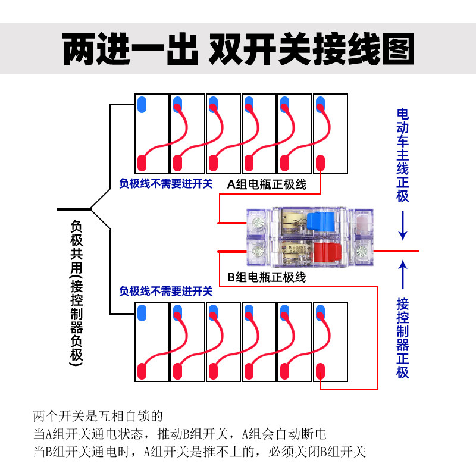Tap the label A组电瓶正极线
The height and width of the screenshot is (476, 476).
[x=267, y=184]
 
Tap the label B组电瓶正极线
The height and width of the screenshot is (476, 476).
[x=267, y=277]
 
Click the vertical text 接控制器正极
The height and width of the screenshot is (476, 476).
[x=403, y=337]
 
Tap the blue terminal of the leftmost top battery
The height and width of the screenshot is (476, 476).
[x=142, y=105]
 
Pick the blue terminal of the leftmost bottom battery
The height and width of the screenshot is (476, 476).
[x=142, y=312]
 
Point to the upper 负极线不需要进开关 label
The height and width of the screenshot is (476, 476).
[x=166, y=184]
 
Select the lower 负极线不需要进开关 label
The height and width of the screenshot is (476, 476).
[x=166, y=291]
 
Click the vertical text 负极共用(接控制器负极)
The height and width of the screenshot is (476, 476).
[x=77, y=292]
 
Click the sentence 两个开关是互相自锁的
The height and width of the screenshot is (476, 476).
[x=98, y=415]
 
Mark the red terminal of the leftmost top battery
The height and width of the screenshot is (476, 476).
[x=142, y=162]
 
